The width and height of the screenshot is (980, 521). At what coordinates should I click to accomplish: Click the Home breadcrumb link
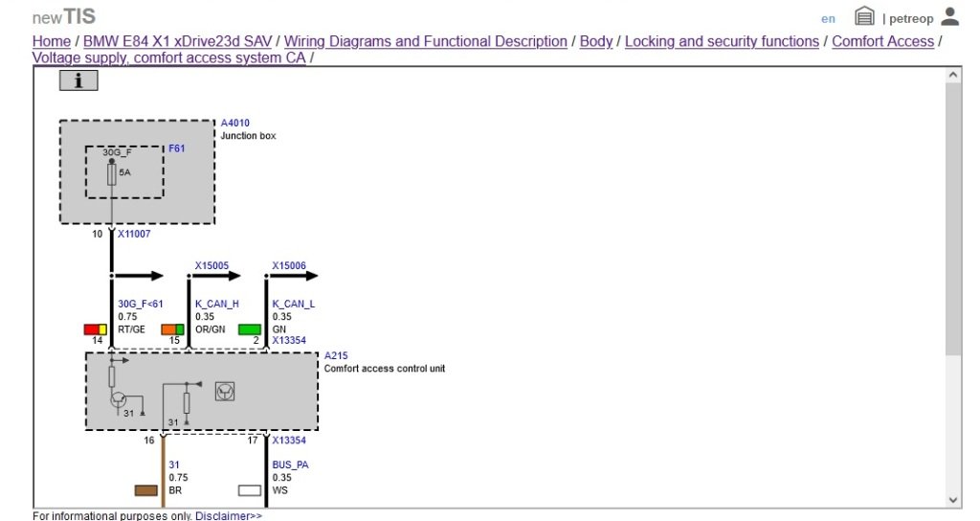click(x=51, y=41)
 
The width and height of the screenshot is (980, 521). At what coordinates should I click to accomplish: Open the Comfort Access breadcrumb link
click(x=882, y=41)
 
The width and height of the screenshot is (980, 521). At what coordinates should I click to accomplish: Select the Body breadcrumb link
click(x=596, y=41)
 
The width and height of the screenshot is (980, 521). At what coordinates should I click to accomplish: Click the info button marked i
click(x=78, y=81)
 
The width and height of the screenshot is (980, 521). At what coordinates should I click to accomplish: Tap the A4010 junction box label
click(x=234, y=124)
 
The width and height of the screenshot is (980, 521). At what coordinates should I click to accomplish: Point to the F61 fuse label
click(x=177, y=148)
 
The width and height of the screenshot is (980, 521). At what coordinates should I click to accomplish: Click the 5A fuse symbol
click(x=112, y=173)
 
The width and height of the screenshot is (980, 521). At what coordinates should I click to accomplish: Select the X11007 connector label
click(x=134, y=234)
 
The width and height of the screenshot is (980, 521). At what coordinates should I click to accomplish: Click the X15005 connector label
click(x=212, y=265)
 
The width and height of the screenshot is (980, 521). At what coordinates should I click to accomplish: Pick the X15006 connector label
click(x=289, y=265)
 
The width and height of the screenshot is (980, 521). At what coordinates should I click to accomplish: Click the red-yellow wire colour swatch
click(x=95, y=329)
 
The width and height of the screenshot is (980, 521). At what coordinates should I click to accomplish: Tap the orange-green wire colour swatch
click(x=172, y=329)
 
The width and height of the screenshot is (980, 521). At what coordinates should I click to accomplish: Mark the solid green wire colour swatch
click(x=249, y=329)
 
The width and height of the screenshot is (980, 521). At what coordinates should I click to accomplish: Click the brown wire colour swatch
click(x=146, y=490)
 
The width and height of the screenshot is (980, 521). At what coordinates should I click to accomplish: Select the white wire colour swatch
click(x=249, y=490)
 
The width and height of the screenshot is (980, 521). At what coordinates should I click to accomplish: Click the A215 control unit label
click(x=335, y=355)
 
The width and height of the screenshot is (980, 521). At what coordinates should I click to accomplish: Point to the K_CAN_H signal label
click(x=216, y=304)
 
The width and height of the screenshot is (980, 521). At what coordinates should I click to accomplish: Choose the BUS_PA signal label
click(x=290, y=464)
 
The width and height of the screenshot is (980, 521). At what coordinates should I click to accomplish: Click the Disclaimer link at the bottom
click(x=228, y=516)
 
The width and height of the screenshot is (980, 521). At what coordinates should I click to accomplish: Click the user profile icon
click(x=949, y=16)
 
